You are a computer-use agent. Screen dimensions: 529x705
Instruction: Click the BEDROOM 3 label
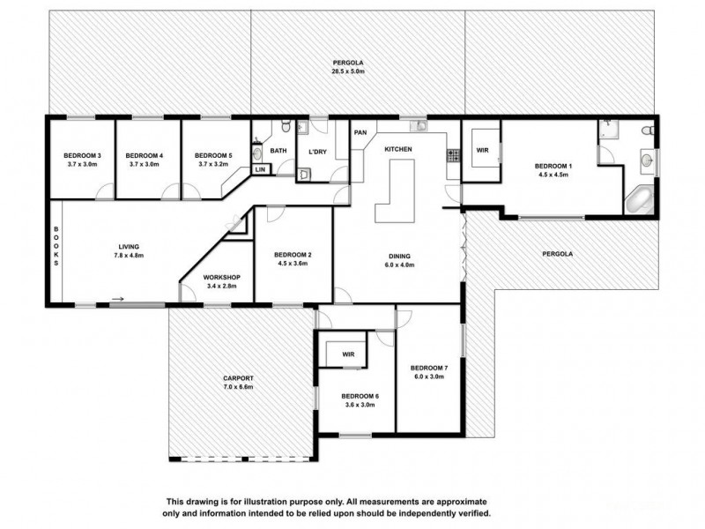coord(81,156)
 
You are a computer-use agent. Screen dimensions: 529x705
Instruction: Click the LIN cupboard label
coord(260,169)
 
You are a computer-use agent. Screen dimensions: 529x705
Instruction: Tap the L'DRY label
coord(317,152)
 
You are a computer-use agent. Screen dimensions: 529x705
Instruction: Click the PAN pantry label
coord(360,132)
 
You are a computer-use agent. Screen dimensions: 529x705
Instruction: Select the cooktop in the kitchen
coord(453,156)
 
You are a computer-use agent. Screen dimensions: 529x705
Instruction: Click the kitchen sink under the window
coord(421,127)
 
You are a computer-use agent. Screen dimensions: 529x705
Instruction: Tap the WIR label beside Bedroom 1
coord(482,151)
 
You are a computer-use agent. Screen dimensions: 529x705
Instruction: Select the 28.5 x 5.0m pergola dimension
coord(349,71)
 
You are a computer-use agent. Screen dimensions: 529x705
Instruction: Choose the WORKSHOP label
coord(216,276)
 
